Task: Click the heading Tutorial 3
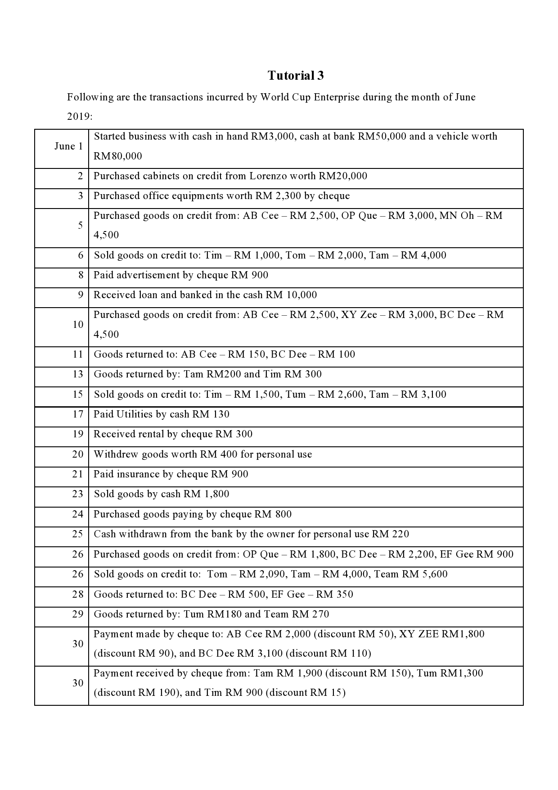pyautogui.click(x=296, y=76)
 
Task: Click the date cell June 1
pyautogui.click(x=68, y=146)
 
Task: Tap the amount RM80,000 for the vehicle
pyautogui.click(x=117, y=156)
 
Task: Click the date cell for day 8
pyautogui.click(x=81, y=275)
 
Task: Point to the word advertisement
pyautogui.click(x=148, y=275)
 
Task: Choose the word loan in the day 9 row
pyautogui.click(x=149, y=295)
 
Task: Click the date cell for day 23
pyautogui.click(x=78, y=494)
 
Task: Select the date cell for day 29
pyautogui.click(x=78, y=614)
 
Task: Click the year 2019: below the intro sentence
pyautogui.click(x=80, y=117)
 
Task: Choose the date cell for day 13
pyautogui.click(x=78, y=374)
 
